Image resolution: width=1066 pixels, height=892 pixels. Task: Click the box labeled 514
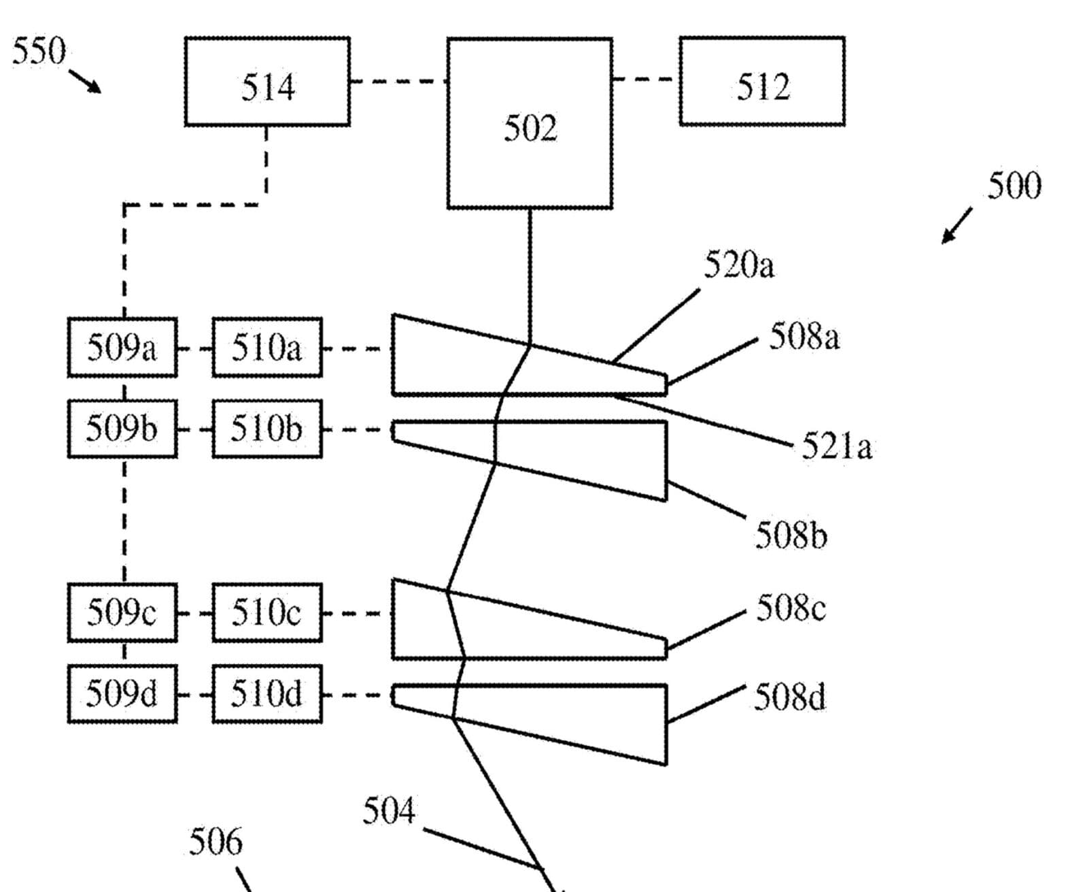268,81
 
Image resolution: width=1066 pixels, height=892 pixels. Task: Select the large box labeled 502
530,123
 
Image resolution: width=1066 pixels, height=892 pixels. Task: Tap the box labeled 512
762,81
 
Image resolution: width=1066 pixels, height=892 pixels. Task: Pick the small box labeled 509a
122,348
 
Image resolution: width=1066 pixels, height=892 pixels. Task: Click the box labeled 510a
267,348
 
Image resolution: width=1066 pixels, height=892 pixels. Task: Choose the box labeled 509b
122,429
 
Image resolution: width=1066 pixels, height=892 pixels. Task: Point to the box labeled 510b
267,429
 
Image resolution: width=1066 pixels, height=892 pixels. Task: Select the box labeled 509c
122,612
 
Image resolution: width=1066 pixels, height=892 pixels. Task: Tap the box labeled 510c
267,612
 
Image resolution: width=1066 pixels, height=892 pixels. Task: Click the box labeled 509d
122,694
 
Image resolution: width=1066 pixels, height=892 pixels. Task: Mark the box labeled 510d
267,694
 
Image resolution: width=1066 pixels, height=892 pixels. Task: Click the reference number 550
39,51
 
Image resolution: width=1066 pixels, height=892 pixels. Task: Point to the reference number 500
1014,186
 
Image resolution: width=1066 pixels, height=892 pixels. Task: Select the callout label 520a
739,265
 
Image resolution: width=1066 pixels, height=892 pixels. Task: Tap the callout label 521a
837,446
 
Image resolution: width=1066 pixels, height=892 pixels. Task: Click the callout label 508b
791,536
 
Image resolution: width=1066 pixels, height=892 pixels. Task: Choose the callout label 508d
790,697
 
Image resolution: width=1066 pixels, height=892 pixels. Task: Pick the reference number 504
389,811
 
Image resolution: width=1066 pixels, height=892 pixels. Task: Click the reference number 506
216,842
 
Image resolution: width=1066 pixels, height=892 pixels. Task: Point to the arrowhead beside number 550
95,88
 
